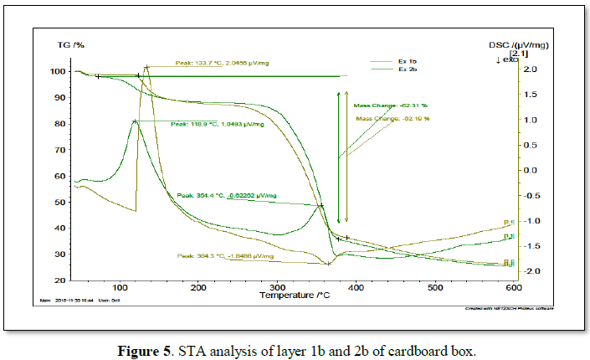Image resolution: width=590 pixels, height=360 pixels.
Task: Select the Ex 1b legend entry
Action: click(x=408, y=61)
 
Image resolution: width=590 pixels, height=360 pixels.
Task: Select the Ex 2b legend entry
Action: click(x=408, y=69)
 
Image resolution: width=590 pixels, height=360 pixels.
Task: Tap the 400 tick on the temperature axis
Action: click(x=357, y=288)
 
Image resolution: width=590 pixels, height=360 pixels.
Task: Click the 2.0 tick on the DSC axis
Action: click(x=518, y=69)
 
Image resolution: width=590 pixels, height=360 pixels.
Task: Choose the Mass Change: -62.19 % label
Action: click(x=392, y=119)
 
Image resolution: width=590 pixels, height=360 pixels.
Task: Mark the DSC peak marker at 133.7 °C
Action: click(x=146, y=67)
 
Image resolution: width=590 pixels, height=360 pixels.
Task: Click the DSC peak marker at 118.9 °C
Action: click(x=135, y=121)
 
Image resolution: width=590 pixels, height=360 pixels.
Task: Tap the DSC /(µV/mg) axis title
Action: click(x=520, y=44)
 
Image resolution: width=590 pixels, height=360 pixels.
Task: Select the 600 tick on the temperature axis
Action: click(x=513, y=288)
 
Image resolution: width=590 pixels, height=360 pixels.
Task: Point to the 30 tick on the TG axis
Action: click(x=59, y=255)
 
